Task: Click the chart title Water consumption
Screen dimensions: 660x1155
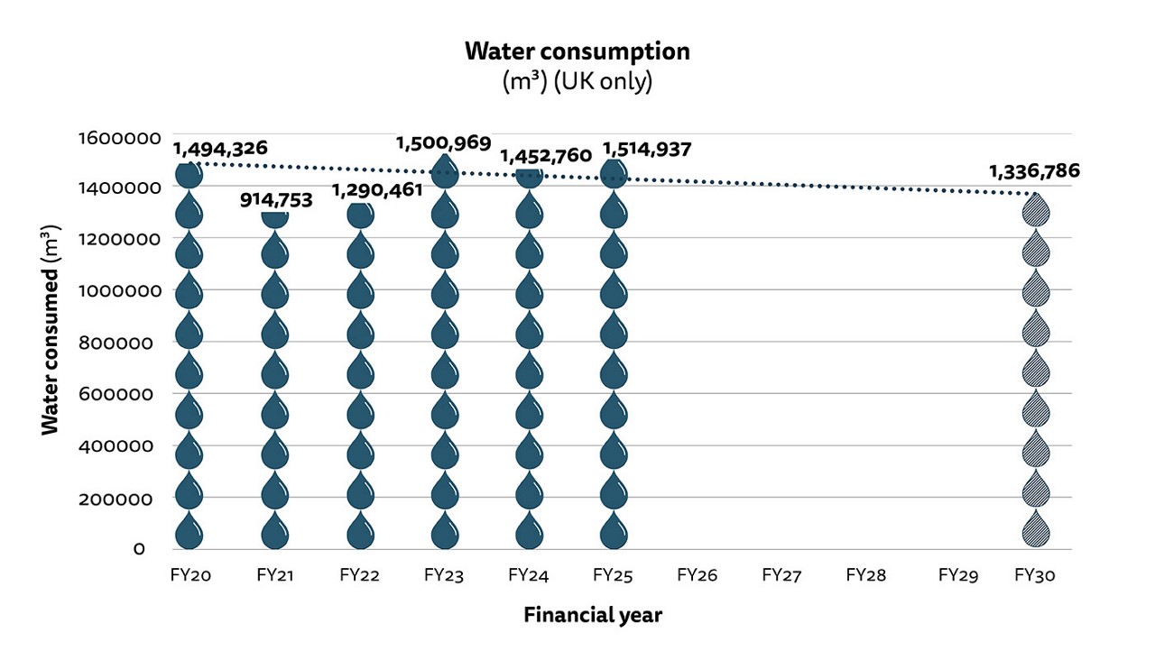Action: coord(577,51)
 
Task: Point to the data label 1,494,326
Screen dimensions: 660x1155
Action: coord(219,149)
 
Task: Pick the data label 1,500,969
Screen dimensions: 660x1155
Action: coord(444,142)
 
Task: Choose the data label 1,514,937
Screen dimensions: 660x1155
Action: coord(646,149)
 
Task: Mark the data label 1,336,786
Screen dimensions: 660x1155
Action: coord(1034,170)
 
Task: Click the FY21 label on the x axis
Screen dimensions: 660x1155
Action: coord(275,574)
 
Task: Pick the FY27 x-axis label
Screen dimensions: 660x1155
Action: coord(781,574)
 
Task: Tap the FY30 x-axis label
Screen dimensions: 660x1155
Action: coord(1035,574)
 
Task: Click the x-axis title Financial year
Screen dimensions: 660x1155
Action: coord(593,616)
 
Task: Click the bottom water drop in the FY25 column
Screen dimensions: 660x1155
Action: coord(613,530)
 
